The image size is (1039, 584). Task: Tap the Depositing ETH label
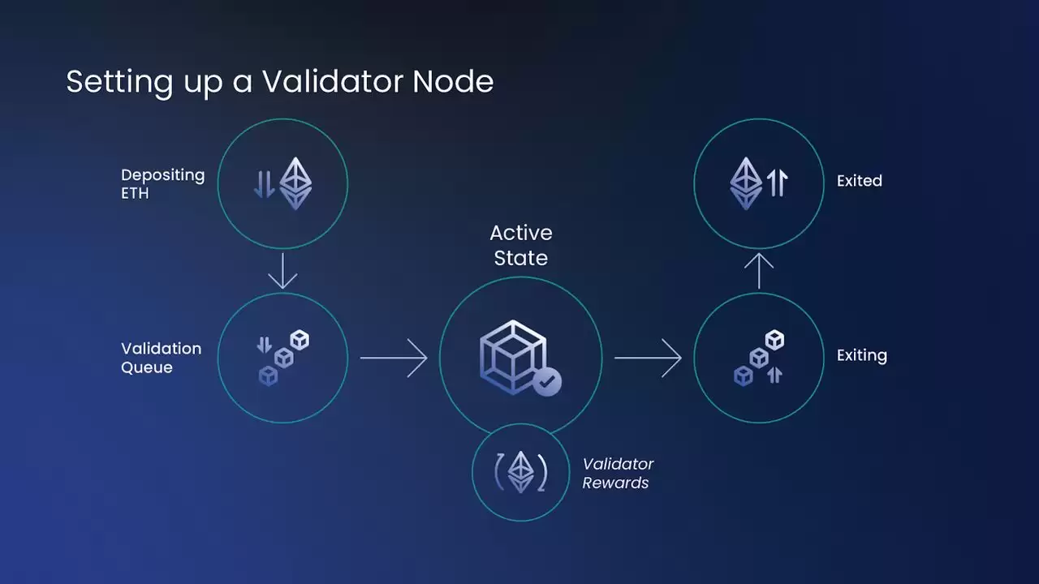point(162,184)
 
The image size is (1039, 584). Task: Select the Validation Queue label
point(161,358)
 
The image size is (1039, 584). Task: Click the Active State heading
point(520,245)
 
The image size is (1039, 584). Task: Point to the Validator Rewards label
point(618,473)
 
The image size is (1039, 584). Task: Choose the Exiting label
point(861,355)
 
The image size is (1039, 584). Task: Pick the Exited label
point(859,181)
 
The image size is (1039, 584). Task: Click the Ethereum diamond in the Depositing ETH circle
point(295,183)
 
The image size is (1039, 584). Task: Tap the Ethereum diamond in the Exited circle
point(746,182)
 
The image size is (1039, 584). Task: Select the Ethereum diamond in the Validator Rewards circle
point(520,471)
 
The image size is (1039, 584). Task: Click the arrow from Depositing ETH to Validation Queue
point(282,271)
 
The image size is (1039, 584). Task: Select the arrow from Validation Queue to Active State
point(394,357)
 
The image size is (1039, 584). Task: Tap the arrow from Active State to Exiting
point(648,357)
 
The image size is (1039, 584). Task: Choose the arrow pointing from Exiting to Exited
point(759,271)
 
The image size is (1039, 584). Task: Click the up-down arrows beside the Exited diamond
point(777,182)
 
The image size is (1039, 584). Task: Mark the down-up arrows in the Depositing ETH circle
point(264,183)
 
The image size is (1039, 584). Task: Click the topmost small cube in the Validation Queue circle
point(300,340)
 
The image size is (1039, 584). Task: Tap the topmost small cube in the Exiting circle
point(775,340)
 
